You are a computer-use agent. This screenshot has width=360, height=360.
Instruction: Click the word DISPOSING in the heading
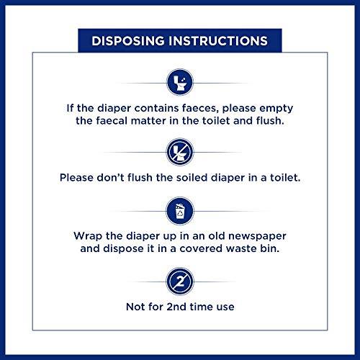tap(128, 41)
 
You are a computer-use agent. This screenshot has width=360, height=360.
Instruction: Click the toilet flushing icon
tap(180, 82)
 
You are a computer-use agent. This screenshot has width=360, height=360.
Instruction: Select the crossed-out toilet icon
tap(180, 152)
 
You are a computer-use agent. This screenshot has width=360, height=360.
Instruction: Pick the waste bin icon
tap(180, 211)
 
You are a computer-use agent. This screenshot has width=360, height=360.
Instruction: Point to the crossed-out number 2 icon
tap(180, 282)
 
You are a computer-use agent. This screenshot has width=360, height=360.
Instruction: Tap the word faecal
tap(112, 120)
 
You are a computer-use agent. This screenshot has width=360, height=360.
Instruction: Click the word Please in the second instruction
tap(76, 178)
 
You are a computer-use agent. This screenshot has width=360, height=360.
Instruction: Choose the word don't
tap(110, 178)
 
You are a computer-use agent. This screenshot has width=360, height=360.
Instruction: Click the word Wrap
tap(88, 236)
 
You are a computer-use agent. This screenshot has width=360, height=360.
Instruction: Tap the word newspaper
tap(257, 236)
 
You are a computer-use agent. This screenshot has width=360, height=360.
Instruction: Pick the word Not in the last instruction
tap(135, 307)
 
